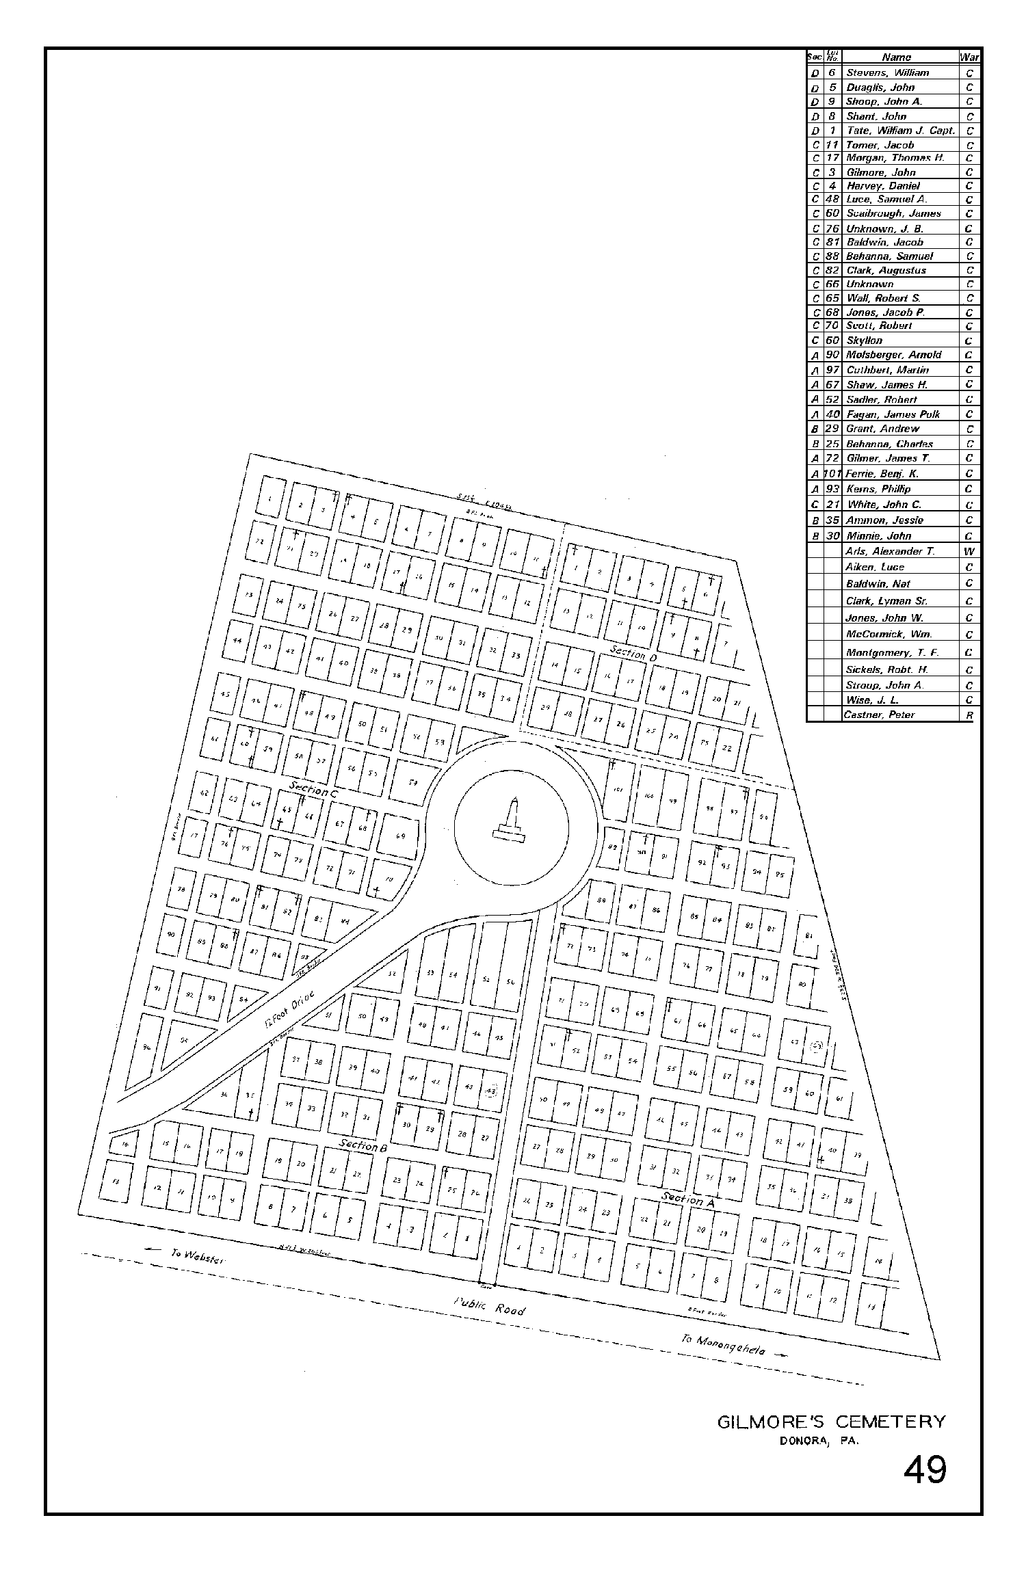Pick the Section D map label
[x=633, y=653]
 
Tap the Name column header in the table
[x=896, y=57]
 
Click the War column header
[x=969, y=57]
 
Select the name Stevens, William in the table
[x=887, y=72]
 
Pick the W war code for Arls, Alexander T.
[x=969, y=551]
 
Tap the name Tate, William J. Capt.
[x=900, y=131]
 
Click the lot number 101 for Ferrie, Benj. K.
[x=832, y=473]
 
